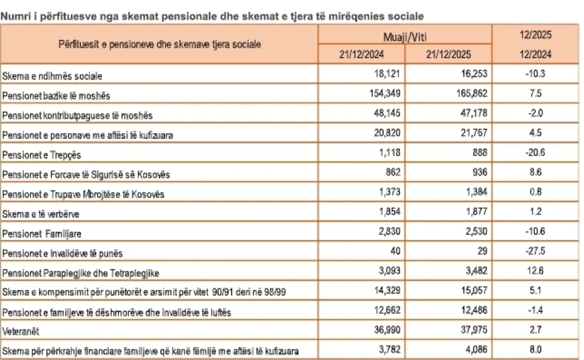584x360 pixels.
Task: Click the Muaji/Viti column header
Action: [405, 37]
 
